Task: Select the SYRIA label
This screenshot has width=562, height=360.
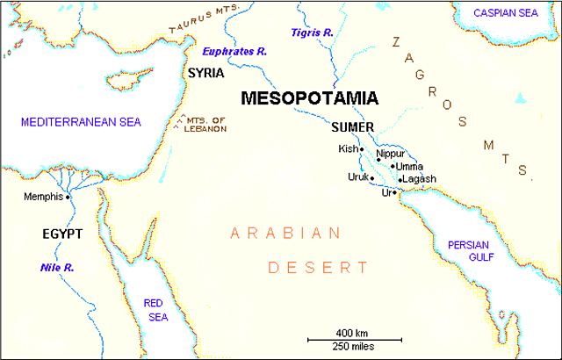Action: pos(206,74)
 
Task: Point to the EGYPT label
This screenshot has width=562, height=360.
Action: pos(61,234)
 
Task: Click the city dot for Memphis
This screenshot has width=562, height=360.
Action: pos(68,197)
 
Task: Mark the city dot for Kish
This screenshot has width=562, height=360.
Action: pos(361,149)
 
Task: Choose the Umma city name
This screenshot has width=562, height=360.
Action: pos(410,166)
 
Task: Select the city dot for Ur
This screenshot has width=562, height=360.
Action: pos(395,192)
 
